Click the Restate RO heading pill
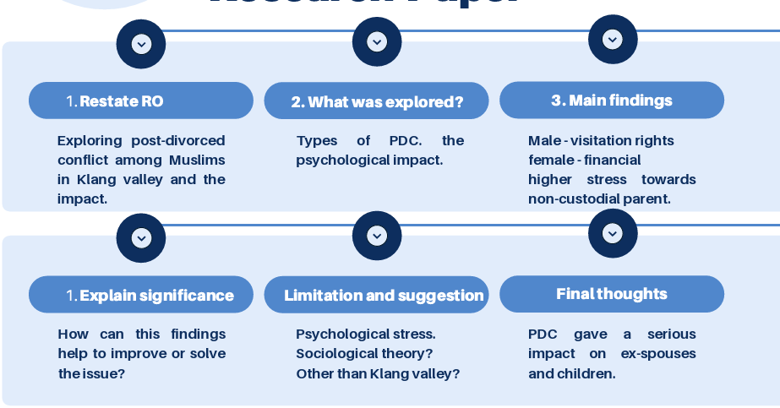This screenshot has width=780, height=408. click(140, 101)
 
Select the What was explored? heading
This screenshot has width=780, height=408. click(376, 101)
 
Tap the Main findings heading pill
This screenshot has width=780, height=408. click(612, 101)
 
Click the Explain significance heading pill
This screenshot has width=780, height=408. click(140, 295)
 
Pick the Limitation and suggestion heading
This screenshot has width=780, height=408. click(376, 295)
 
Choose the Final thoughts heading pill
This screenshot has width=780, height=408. click(612, 294)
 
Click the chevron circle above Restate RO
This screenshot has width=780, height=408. click(141, 44)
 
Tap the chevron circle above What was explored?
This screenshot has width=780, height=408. click(377, 41)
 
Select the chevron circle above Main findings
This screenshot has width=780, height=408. click(613, 39)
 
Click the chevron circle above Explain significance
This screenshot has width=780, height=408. click(141, 238)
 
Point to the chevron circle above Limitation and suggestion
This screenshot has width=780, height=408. click(377, 236)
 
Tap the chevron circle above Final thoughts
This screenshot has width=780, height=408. click(613, 233)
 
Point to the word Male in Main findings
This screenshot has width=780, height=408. click(543, 140)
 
